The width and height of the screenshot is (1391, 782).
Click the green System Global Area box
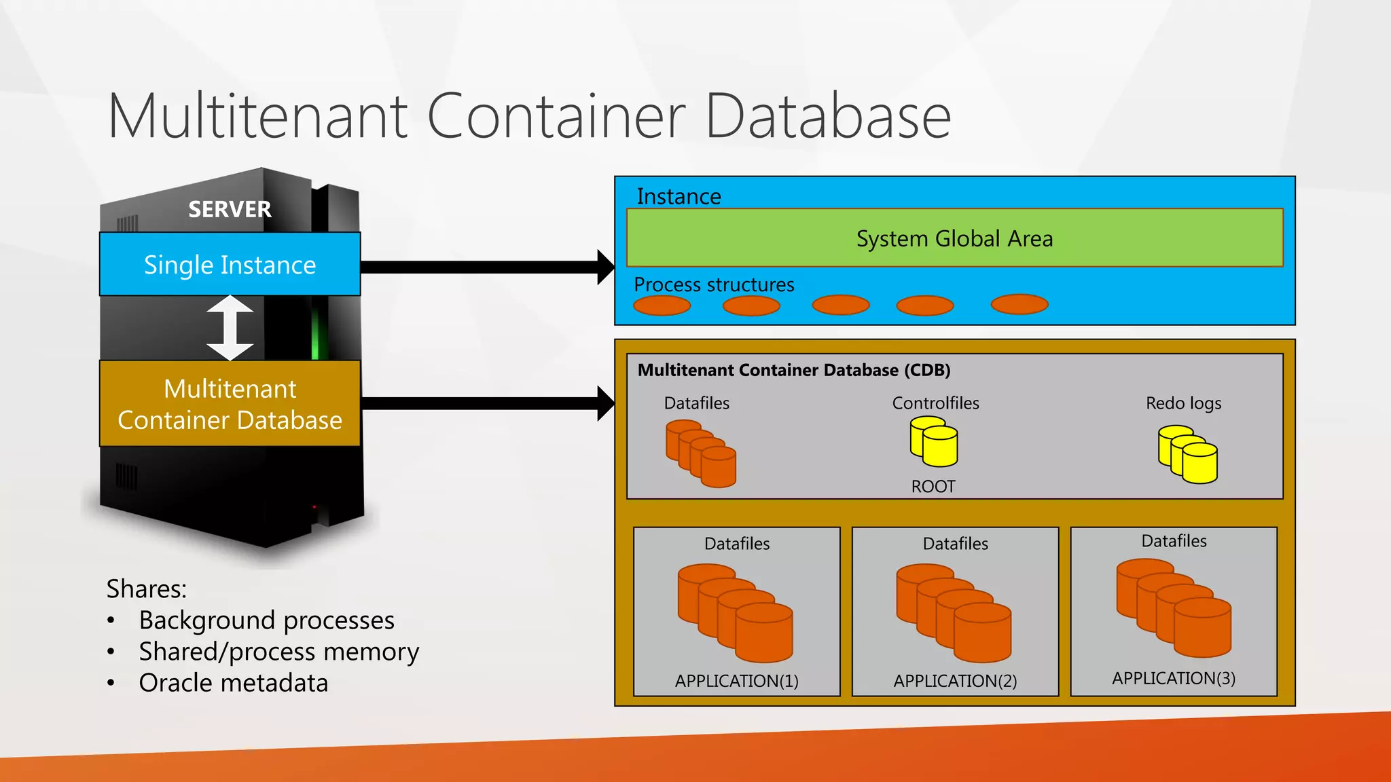tap(954, 238)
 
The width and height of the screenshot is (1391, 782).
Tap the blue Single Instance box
tap(230, 264)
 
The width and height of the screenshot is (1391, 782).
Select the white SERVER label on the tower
tap(230, 209)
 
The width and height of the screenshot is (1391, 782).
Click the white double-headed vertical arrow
tap(230, 328)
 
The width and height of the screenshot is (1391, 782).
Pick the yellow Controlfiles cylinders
tap(934, 442)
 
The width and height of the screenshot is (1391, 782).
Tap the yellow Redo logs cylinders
tap(1188, 454)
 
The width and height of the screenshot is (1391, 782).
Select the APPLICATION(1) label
tap(736, 681)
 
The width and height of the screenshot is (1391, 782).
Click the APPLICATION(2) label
tap(955, 681)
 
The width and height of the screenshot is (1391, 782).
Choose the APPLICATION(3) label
tap(1174, 678)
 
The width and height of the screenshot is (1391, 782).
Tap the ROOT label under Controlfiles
tap(933, 487)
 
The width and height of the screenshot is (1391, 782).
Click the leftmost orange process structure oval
tap(662, 305)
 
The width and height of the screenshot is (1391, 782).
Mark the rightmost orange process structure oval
tap(1019, 304)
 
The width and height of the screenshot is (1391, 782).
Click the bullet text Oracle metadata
tap(233, 683)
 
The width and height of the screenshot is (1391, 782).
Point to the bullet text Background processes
tap(266, 620)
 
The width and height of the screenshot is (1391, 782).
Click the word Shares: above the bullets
tap(146, 589)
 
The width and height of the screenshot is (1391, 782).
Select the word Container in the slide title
tap(556, 117)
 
